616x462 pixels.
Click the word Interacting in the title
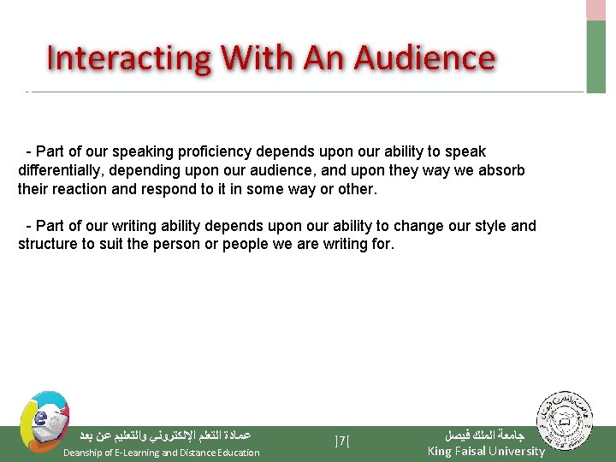tap(129, 59)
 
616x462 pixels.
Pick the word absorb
tap(501, 170)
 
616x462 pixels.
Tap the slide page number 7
tap(343, 441)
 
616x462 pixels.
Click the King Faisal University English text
tap(486, 451)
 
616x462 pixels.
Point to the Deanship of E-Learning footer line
tap(162, 453)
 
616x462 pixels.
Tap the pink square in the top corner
tap(595, 9)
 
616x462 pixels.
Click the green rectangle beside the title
tap(595, 56)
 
